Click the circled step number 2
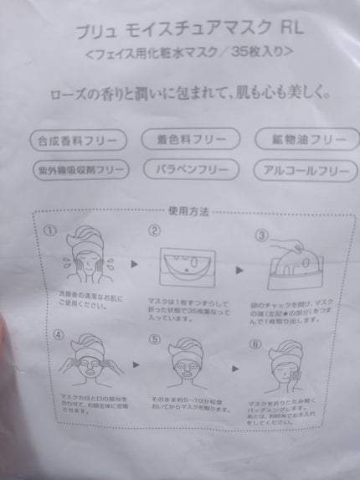153,230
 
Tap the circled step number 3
261,235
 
